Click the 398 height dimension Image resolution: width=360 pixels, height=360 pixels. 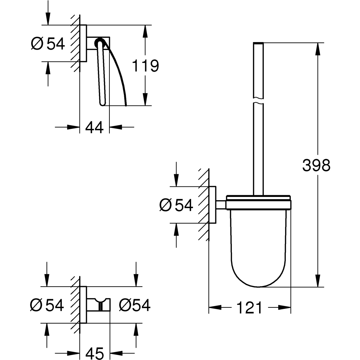[x=316, y=165]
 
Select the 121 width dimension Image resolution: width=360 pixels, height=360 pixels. [x=249, y=308]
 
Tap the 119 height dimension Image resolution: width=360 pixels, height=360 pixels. [x=145, y=66]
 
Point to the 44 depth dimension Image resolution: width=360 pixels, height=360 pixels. [x=94, y=127]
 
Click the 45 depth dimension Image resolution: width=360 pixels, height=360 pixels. [x=94, y=352]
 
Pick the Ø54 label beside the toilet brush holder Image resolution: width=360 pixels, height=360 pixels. [x=176, y=205]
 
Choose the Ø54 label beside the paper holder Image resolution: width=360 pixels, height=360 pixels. [x=48, y=44]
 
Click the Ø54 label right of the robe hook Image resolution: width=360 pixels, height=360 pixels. [x=134, y=305]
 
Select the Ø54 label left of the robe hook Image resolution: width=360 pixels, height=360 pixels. [x=47, y=305]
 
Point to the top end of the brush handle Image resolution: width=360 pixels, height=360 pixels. [x=258, y=44]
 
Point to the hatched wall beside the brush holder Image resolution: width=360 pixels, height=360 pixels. [x=203, y=205]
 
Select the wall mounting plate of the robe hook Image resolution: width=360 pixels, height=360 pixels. [x=83, y=305]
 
